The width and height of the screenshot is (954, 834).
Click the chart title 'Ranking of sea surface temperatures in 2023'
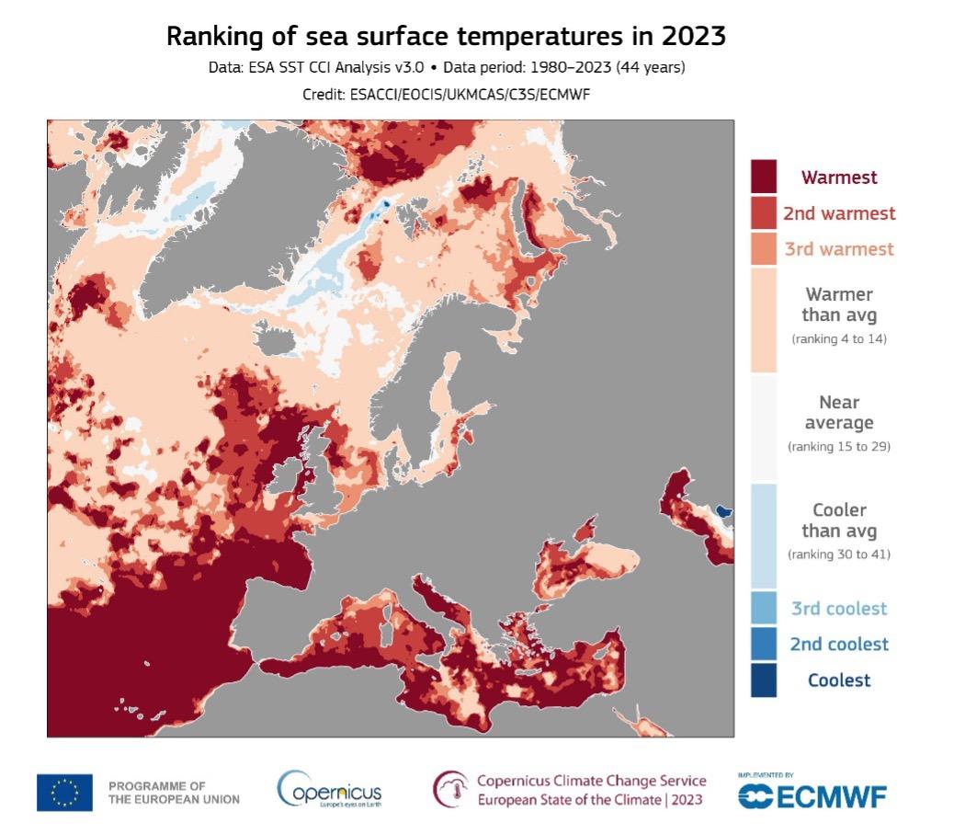pyautogui.click(x=446, y=37)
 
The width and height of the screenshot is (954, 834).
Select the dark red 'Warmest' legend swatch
pyautogui.click(x=764, y=177)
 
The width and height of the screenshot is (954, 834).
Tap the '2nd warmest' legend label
pyautogui.click(x=838, y=213)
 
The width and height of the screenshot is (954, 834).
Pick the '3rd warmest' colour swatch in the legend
pyautogui.click(x=764, y=248)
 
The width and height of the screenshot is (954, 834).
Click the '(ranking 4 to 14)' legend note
pyautogui.click(x=838, y=339)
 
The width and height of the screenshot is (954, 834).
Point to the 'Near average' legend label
pyautogui.click(x=838, y=412)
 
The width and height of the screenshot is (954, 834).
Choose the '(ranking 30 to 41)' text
pyautogui.click(x=838, y=554)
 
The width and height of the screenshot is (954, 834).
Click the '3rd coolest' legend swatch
pyautogui.click(x=764, y=608)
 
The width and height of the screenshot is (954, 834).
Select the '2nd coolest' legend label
pyautogui.click(x=838, y=644)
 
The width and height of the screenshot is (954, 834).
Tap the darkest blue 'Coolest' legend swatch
pyautogui.click(x=764, y=680)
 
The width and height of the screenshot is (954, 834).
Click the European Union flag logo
pyautogui.click(x=64, y=793)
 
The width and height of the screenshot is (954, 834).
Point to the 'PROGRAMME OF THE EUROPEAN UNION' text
pyautogui.click(x=174, y=793)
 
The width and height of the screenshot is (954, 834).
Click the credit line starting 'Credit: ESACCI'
pyautogui.click(x=446, y=94)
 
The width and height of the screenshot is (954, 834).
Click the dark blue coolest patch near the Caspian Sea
pyautogui.click(x=723, y=509)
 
